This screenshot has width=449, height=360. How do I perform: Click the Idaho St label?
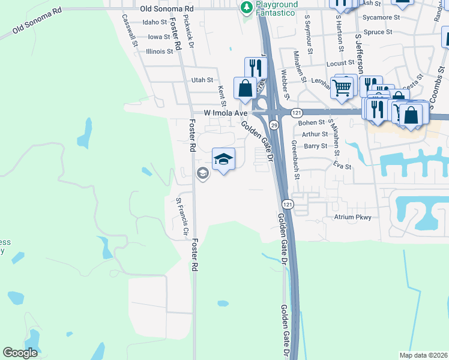(155, 22)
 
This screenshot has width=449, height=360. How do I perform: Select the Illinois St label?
(159, 52)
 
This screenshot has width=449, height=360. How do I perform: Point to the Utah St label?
(202, 80)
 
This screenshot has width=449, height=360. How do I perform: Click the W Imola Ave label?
(226, 112)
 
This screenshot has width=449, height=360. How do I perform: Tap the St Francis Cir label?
(182, 216)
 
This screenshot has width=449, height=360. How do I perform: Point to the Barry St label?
(315, 146)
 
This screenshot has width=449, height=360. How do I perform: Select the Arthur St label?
(315, 134)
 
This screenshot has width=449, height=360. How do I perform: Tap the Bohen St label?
(311, 123)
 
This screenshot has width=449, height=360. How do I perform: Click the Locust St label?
(340, 63)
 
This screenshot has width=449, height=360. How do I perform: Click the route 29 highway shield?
(274, 125)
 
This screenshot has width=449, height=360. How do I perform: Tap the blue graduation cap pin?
(223, 159)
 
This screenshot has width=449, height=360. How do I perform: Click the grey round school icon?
(203, 174)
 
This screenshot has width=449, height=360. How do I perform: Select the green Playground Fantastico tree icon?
(246, 7)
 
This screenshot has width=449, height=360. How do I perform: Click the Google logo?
(20, 353)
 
